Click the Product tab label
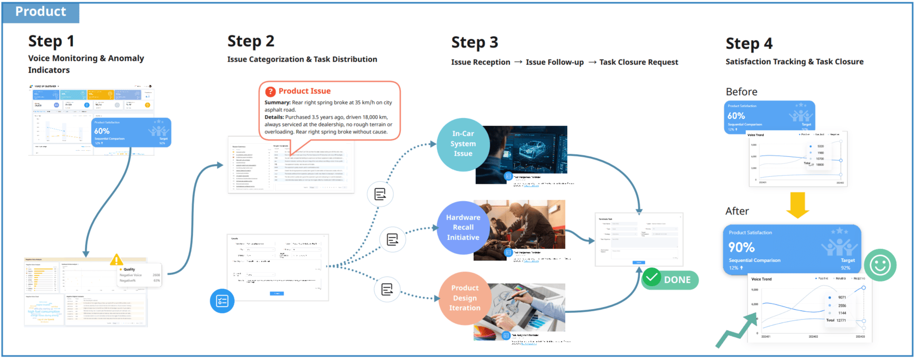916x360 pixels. pyautogui.click(x=41, y=12)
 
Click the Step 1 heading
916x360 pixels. pyautogui.click(x=51, y=41)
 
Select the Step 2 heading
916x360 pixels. pyautogui.click(x=251, y=41)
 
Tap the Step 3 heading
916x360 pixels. pyautogui.click(x=475, y=43)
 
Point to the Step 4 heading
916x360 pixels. pyautogui.click(x=748, y=44)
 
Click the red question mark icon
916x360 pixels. pyautogui.click(x=270, y=92)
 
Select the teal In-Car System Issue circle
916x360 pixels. pyautogui.click(x=463, y=144)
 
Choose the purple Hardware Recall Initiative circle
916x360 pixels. pyautogui.click(x=463, y=228)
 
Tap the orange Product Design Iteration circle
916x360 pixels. pyautogui.click(x=464, y=298)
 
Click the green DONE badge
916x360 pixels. pyautogui.click(x=670, y=280)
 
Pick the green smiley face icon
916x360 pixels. pyautogui.click(x=880, y=265)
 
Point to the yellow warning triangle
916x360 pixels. pyautogui.click(x=117, y=260)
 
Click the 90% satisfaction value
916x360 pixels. pyautogui.click(x=741, y=247)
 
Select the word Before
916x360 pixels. pyautogui.click(x=741, y=92)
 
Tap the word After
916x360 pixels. pyautogui.click(x=737, y=211)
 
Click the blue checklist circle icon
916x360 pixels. pyautogui.click(x=222, y=301)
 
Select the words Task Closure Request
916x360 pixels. pyautogui.click(x=639, y=62)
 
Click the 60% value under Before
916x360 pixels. pyautogui.click(x=736, y=116)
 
